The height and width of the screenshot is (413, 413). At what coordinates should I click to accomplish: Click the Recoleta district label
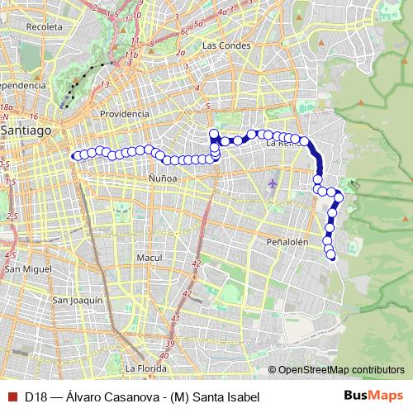[44, 27]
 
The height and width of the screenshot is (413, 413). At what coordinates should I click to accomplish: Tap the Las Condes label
[225, 45]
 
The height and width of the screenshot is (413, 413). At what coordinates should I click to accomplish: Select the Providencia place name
[123, 113]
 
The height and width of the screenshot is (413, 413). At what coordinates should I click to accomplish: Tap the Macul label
[149, 258]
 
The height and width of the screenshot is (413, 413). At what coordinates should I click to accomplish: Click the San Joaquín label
[78, 300]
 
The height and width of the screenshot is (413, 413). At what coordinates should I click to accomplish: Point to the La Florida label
[146, 368]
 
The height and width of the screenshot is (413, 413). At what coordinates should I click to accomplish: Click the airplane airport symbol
[274, 182]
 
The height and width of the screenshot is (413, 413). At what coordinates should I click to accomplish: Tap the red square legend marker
[10, 396]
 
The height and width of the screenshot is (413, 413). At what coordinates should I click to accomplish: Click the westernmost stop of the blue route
[76, 155]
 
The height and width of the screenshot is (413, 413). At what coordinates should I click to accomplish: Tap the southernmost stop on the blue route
[332, 255]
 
